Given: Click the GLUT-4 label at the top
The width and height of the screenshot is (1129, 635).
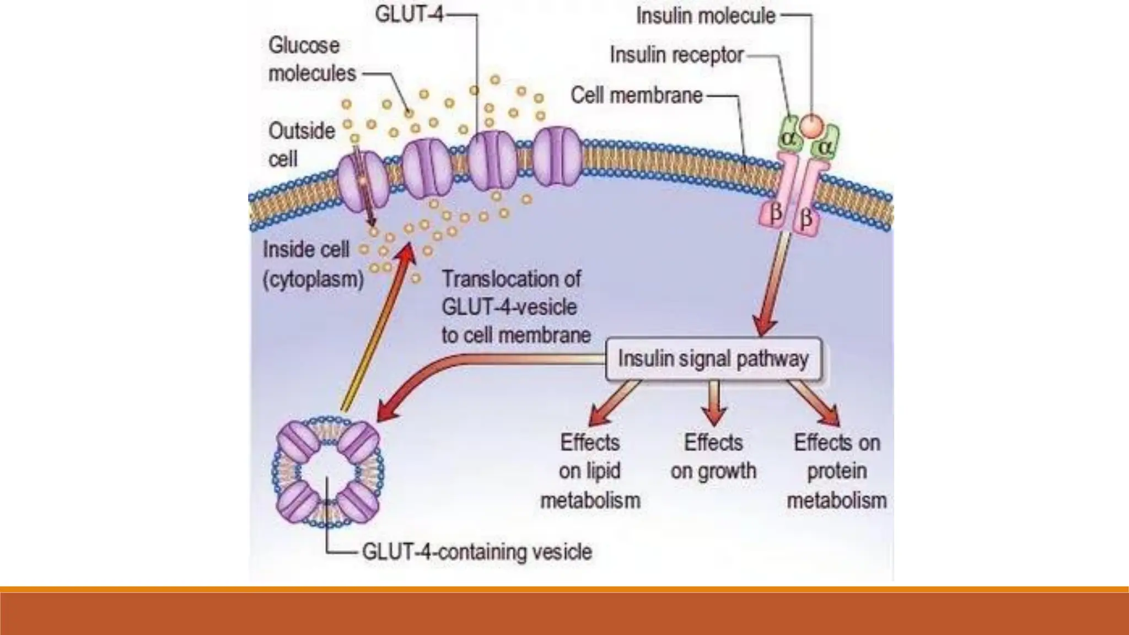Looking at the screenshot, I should [x=409, y=14].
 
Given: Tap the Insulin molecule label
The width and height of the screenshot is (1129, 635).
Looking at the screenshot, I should [x=706, y=16].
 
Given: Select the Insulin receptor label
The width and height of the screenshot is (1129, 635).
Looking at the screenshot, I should [x=676, y=55].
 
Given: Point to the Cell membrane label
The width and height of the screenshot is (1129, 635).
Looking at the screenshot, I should [x=636, y=95].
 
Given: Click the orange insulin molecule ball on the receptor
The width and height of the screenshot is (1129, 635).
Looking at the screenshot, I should [x=811, y=126].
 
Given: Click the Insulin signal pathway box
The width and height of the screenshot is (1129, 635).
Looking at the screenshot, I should [x=713, y=359].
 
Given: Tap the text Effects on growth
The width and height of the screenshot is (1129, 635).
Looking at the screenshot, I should [x=713, y=457].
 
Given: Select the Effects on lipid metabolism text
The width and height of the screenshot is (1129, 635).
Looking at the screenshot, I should [x=590, y=471].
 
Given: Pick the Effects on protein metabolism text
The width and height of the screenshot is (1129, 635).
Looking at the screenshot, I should [x=836, y=471].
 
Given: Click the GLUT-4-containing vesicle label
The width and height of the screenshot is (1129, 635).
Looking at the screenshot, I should [x=477, y=552].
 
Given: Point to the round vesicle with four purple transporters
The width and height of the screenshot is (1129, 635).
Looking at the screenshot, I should [x=328, y=472].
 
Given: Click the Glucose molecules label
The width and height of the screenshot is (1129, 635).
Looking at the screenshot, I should [x=311, y=60].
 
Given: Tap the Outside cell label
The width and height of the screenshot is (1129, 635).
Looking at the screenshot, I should [x=301, y=145].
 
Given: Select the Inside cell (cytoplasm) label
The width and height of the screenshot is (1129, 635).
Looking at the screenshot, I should [x=313, y=265].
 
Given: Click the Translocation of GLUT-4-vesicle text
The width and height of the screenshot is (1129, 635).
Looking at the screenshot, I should [x=515, y=307].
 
